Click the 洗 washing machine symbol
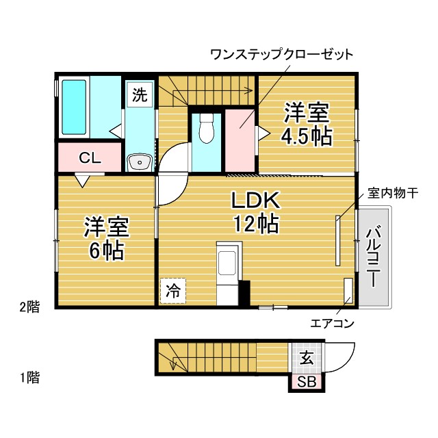[140, 94]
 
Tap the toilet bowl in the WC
[207, 129]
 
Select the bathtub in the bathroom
[74, 107]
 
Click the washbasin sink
[139, 162]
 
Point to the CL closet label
[90, 158]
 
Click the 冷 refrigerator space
[173, 291]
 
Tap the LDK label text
[255, 200]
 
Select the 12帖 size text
[256, 223]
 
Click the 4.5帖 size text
[307, 136]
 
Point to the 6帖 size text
[107, 250]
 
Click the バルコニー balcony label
[373, 257]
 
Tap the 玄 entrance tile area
[307, 358]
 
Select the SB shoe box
[307, 381]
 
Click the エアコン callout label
[332, 324]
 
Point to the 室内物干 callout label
[392, 193]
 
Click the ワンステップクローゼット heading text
[281, 55]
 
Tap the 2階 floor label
[29, 307]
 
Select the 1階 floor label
[29, 377]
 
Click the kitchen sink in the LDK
[227, 263]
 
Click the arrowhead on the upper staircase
[248, 90]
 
